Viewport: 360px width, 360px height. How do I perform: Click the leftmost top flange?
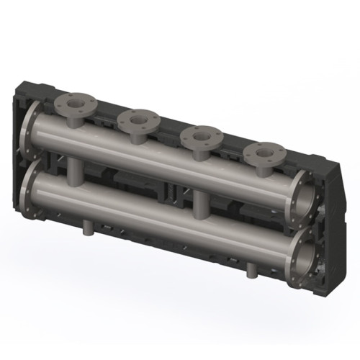74,104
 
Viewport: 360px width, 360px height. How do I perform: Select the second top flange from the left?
139,120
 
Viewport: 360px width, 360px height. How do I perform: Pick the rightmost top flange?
263,153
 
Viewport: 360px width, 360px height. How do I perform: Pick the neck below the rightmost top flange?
262,167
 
